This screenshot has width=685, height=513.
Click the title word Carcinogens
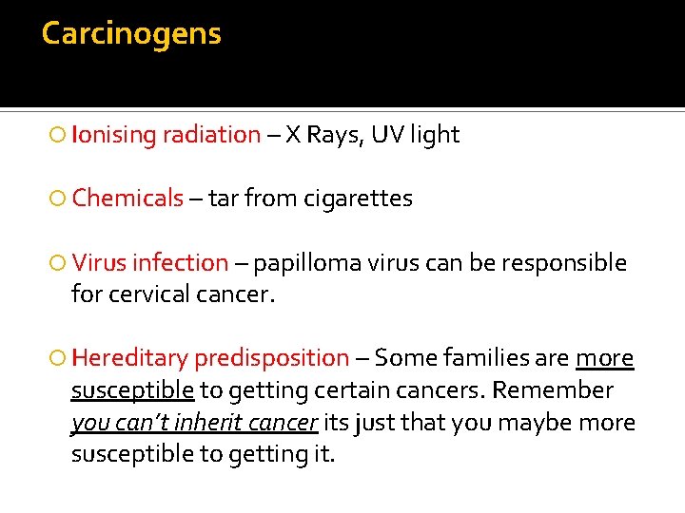(x=131, y=34)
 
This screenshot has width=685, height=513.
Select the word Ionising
(x=113, y=135)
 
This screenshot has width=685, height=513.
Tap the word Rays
(x=333, y=135)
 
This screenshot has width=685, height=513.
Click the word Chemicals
(x=127, y=199)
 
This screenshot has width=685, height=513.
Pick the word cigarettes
(x=358, y=199)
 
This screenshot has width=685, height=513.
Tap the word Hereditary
(x=129, y=358)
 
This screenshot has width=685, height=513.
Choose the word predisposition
(x=271, y=358)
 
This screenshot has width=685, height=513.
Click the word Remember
(x=554, y=390)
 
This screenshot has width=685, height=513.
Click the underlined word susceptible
(x=132, y=390)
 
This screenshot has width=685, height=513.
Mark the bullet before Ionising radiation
(x=59, y=136)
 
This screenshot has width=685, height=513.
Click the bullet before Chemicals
(x=59, y=199)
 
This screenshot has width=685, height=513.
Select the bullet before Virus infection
(x=59, y=263)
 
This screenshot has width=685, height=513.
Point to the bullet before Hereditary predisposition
(x=59, y=359)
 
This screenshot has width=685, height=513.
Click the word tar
(x=223, y=199)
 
